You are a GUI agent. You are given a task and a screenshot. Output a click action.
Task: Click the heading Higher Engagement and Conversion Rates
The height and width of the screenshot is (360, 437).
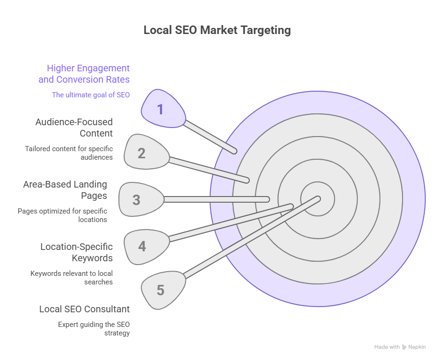(84, 74)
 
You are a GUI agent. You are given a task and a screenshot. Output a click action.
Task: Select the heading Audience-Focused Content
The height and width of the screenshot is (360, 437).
(74, 128)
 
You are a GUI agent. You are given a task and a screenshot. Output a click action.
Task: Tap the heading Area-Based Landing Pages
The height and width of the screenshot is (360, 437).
(65, 190)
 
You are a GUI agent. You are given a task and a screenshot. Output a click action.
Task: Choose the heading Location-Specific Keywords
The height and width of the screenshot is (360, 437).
(76, 252)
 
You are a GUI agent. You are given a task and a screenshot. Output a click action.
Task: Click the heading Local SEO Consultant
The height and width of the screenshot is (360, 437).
(84, 309)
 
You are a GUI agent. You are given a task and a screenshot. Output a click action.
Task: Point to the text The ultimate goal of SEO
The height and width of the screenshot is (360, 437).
(91, 95)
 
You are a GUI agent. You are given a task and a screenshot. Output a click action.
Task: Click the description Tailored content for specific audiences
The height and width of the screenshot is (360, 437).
(69, 153)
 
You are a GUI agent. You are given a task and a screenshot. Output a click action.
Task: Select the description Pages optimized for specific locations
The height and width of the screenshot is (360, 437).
(62, 215)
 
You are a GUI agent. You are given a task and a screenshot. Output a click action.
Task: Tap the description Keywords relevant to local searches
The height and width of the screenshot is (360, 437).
(71, 277)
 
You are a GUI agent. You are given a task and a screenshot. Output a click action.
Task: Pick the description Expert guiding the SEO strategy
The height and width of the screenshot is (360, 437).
(94, 329)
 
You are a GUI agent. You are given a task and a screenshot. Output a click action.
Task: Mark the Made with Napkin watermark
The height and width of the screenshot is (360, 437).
(400, 347)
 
